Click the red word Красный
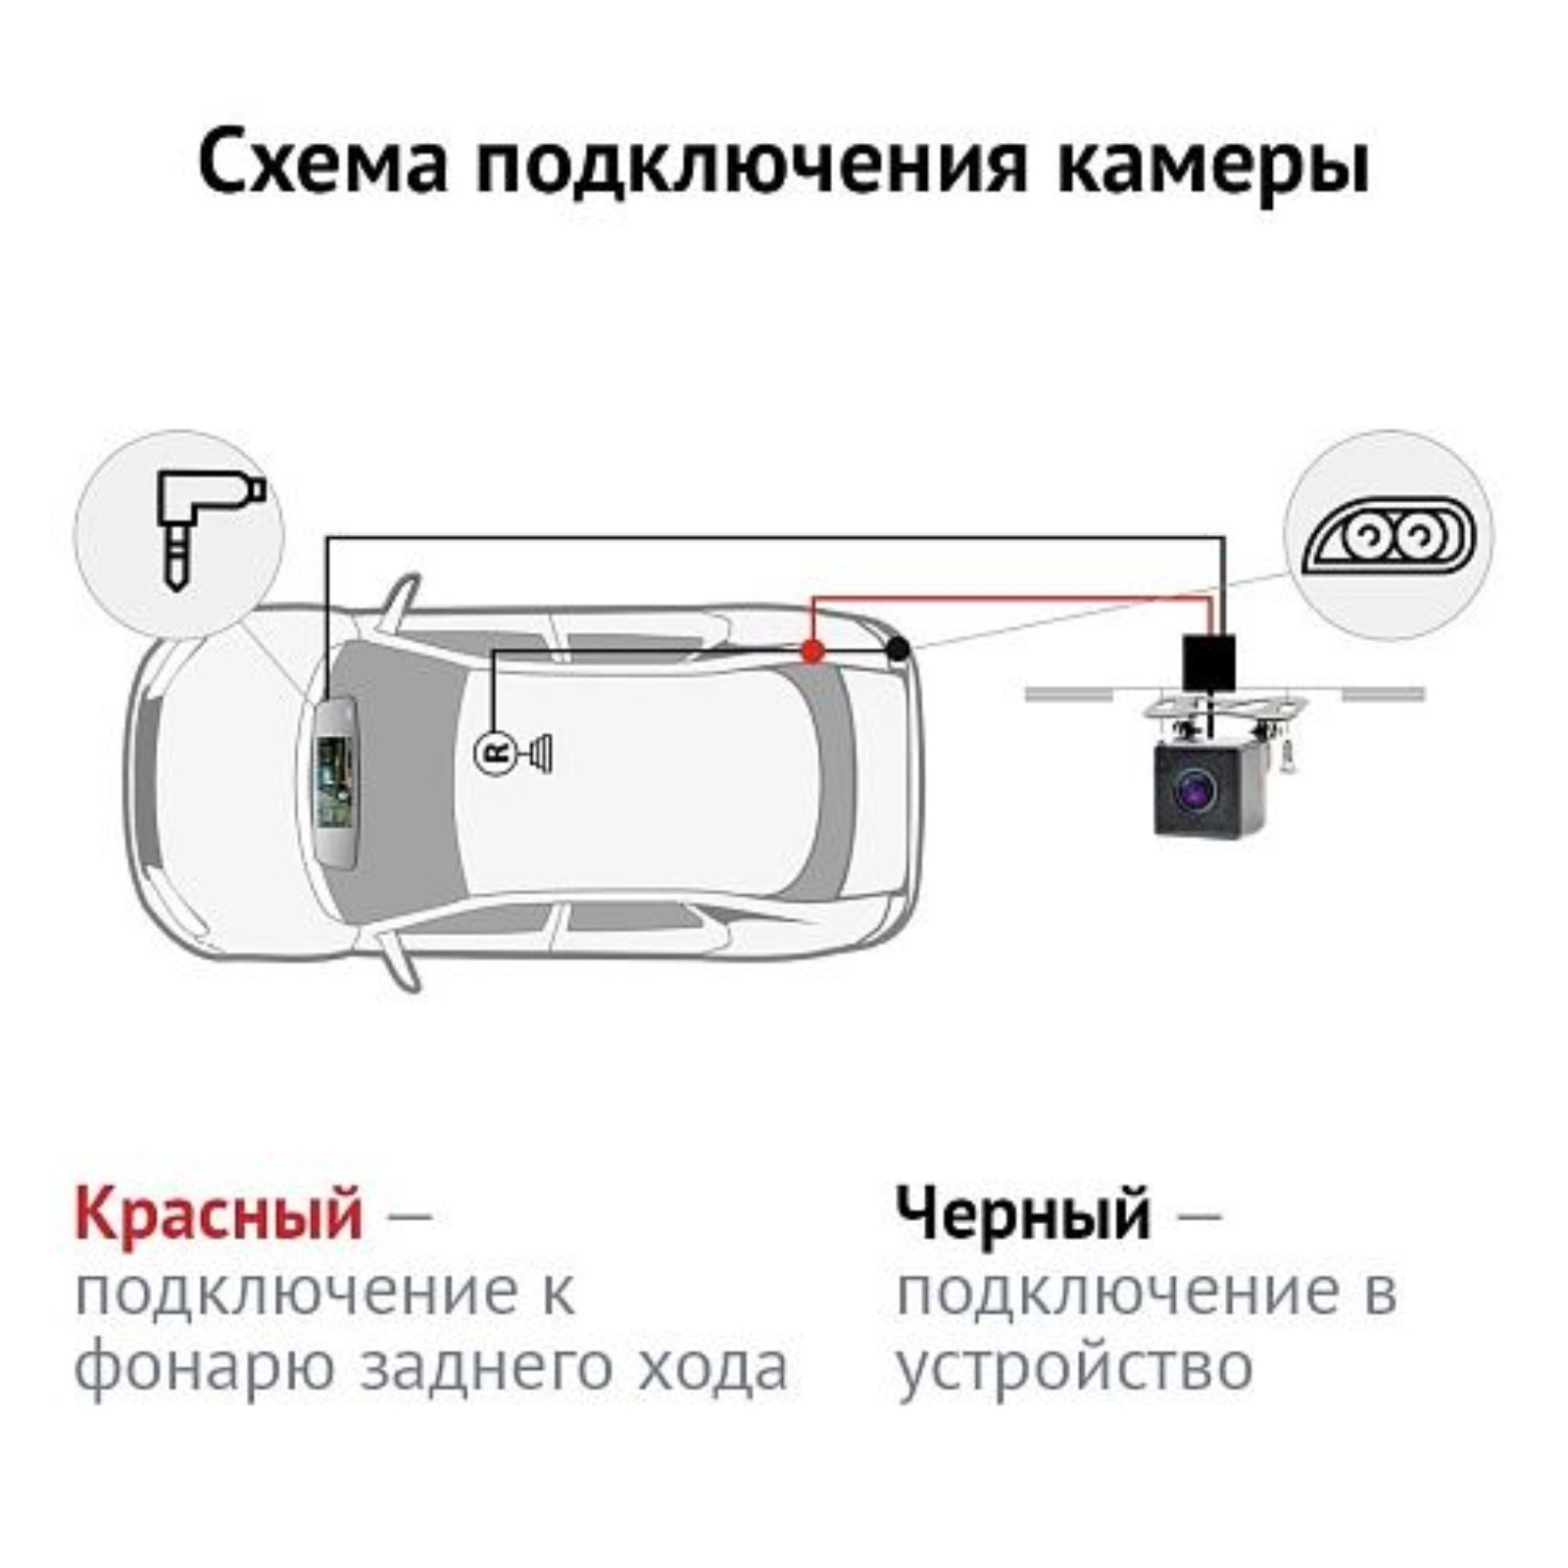pos(219,1214)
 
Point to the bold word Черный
pos(1023,1214)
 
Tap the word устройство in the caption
pos(1074,1369)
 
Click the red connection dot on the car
pos(812,650)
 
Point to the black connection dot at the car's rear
pos(897,648)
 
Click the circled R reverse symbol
pos(494,753)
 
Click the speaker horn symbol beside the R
pos(540,753)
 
